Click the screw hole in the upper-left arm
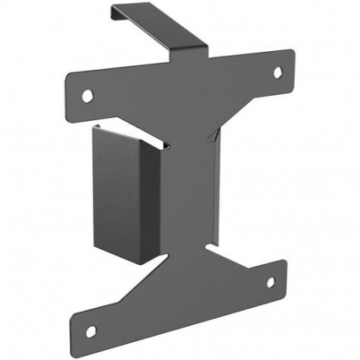click(87, 95)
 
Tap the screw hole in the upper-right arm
click(277, 72)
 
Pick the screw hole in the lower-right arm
click(271, 281)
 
